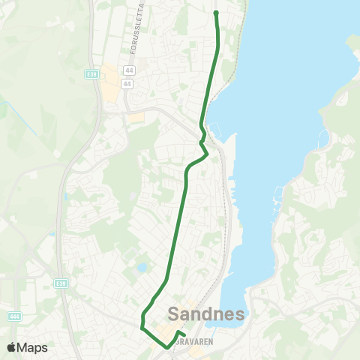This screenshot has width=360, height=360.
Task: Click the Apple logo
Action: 12,347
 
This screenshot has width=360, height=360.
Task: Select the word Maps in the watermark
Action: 33,347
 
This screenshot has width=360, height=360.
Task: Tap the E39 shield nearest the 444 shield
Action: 61,283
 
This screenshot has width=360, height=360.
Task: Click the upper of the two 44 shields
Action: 129,70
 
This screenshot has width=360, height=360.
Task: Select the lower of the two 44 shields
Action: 127,84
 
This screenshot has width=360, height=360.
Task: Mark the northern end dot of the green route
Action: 216,13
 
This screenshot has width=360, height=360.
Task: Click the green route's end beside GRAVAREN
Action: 184,334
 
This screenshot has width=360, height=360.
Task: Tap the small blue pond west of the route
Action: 142,268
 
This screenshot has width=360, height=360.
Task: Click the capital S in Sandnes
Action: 176,313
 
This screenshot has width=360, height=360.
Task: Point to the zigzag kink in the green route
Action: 203,144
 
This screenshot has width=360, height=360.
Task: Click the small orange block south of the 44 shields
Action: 135,118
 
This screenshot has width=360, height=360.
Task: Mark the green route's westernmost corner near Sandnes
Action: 142,326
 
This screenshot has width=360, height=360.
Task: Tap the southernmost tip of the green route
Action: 166,348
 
